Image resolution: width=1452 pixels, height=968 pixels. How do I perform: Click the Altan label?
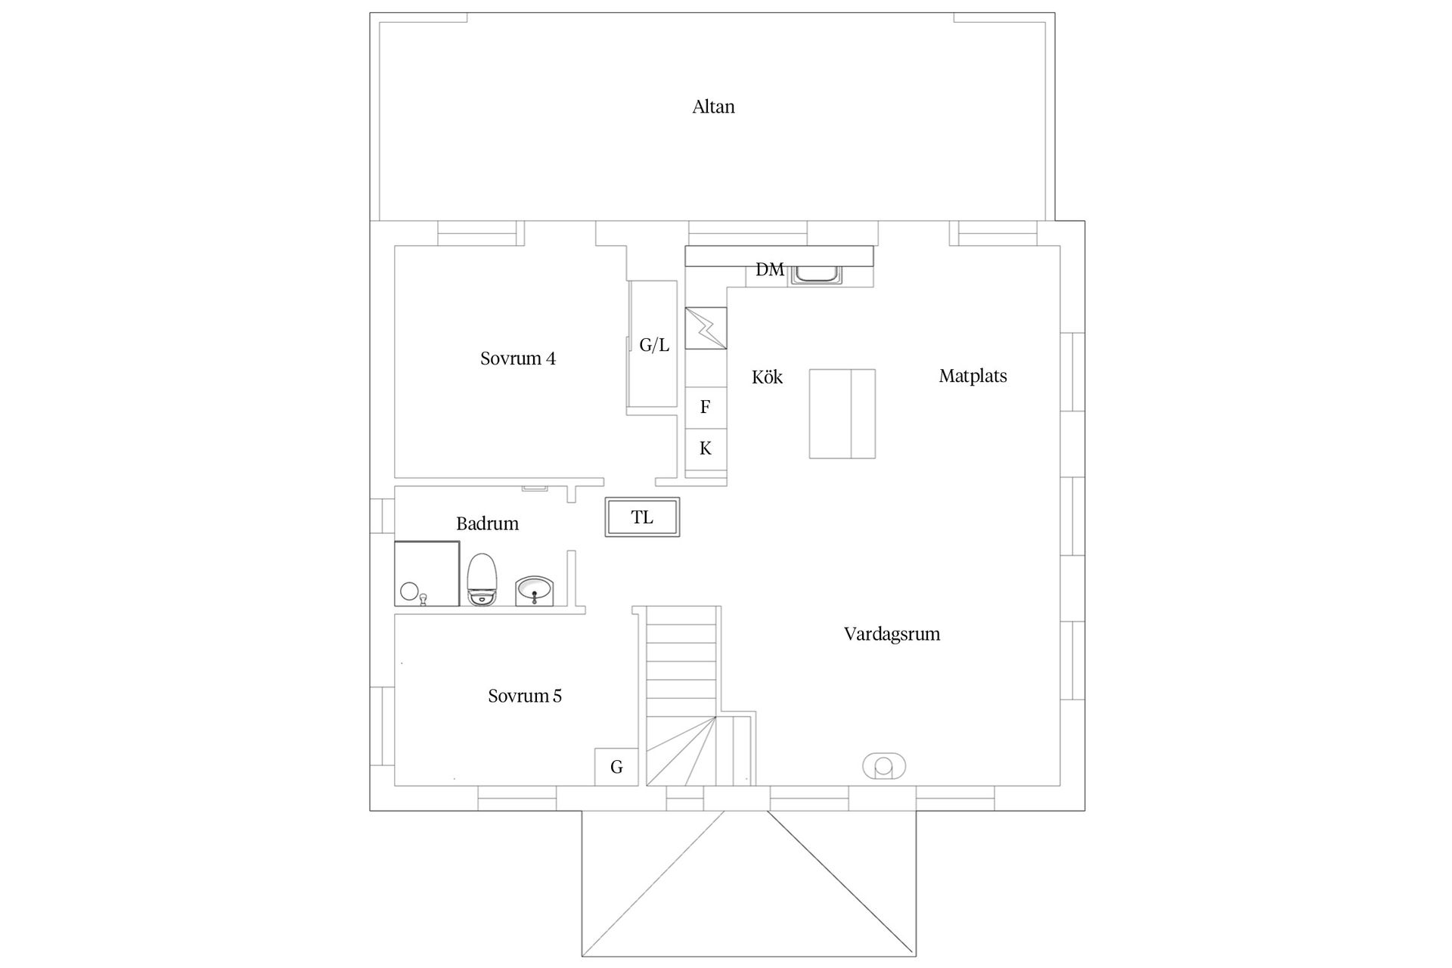tap(713, 107)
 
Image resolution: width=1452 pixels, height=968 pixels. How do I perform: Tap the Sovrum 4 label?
tap(518, 358)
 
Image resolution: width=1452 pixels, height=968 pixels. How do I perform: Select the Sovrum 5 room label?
tap(525, 696)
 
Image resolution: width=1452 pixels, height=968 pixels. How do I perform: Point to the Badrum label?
tap(487, 523)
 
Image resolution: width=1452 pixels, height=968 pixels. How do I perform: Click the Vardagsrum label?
tap(892, 634)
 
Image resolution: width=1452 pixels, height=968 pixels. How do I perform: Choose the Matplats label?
tap(973, 376)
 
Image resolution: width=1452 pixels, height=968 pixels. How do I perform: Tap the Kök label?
tap(767, 377)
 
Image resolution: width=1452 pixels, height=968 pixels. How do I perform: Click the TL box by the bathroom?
tap(642, 517)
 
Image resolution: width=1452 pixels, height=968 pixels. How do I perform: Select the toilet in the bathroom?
tap(482, 579)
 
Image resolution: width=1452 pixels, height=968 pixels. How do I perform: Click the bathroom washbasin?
tap(535, 591)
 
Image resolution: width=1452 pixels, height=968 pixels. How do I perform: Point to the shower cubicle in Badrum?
tap(427, 573)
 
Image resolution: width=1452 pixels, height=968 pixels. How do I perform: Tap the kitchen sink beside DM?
tap(816, 275)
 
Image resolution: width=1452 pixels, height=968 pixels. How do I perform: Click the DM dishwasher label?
tap(770, 270)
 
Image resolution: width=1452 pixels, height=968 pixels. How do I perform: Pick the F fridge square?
tap(706, 408)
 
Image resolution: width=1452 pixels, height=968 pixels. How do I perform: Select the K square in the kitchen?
tap(706, 448)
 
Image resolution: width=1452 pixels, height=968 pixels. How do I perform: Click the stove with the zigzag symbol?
tap(706, 328)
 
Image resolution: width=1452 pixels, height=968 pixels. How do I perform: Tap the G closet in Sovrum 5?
tap(616, 767)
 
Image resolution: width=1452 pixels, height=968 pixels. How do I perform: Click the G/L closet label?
tap(654, 346)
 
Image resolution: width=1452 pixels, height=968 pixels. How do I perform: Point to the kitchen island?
tap(842, 414)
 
